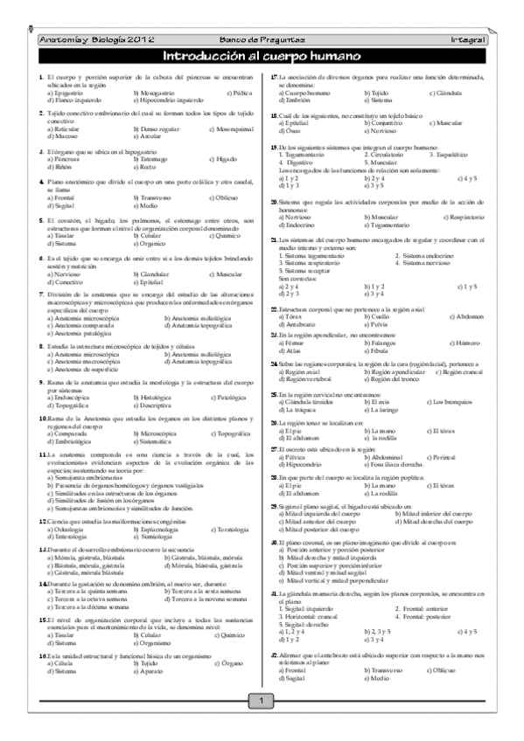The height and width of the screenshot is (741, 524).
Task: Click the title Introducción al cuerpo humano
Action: pyautogui.click(x=262, y=58)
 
